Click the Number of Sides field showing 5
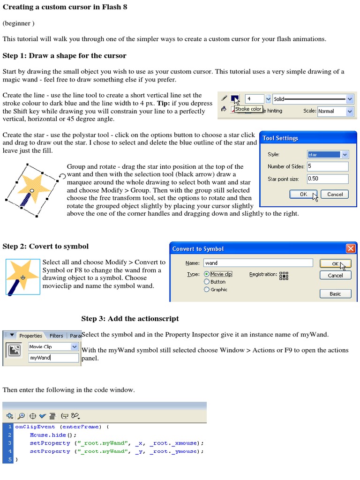[327, 166]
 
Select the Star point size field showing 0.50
[327, 179]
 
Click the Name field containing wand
[258, 263]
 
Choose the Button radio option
[207, 282]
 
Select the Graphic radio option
[207, 290]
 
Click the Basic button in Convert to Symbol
[335, 294]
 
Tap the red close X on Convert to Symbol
[350, 248]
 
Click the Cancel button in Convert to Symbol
[335, 276]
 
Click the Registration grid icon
[284, 276]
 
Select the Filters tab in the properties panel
[56, 336]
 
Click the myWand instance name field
[53, 358]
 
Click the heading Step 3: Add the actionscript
[130, 319]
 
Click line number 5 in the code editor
[9, 460]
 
